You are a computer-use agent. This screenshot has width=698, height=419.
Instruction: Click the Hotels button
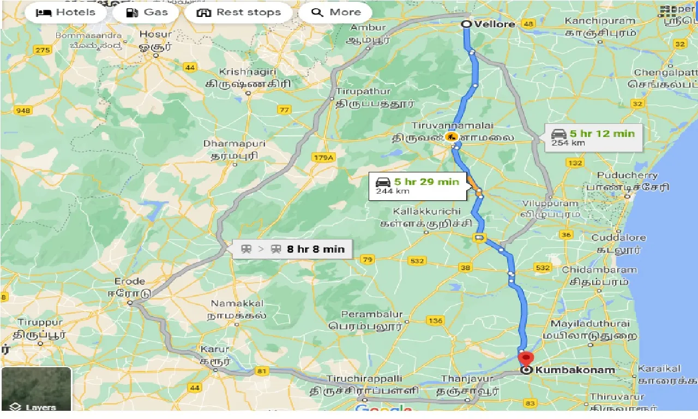[x=65, y=13]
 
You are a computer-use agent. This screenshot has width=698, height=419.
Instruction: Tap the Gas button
[x=146, y=13]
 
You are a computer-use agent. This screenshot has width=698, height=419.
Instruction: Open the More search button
[x=336, y=13]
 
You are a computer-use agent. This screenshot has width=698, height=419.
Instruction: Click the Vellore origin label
[x=495, y=24]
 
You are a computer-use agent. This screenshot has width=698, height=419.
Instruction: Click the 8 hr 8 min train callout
[x=292, y=249]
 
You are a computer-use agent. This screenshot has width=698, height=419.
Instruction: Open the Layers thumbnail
[x=37, y=389]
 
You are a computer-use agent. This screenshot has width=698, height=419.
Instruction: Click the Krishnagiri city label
[x=248, y=72]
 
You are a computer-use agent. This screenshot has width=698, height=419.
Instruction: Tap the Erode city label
[x=129, y=282]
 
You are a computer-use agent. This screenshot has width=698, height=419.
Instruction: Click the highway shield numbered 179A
[x=323, y=158]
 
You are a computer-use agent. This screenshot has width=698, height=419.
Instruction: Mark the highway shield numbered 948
[x=23, y=111]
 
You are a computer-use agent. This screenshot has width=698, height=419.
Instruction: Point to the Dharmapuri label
[x=234, y=143]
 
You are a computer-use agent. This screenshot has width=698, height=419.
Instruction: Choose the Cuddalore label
[x=618, y=238]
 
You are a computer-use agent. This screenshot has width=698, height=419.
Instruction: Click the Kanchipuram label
[x=600, y=21]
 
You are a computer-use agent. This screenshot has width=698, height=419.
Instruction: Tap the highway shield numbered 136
[x=435, y=321]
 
